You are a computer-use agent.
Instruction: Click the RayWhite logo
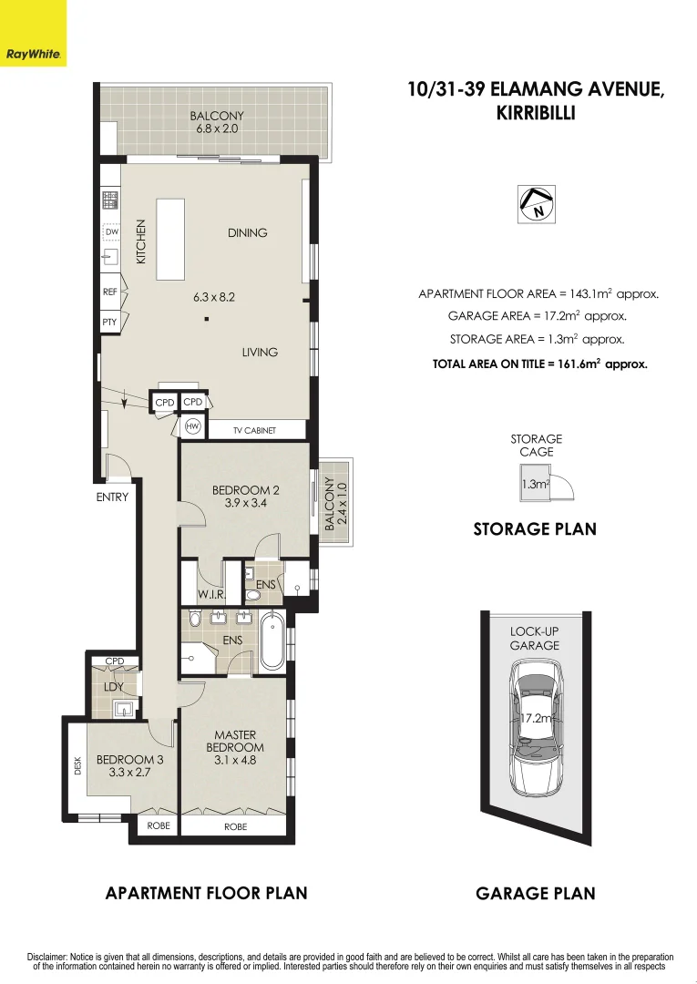pyautogui.click(x=33, y=54)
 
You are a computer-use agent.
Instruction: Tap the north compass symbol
pyautogui.click(x=537, y=204)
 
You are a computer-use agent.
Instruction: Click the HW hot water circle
pyautogui.click(x=192, y=426)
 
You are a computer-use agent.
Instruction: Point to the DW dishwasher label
pyautogui.click(x=112, y=232)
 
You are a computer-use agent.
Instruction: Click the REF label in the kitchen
pyautogui.click(x=110, y=293)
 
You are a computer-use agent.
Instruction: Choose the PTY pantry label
pyautogui.click(x=110, y=323)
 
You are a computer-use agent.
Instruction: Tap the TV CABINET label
pyautogui.click(x=255, y=430)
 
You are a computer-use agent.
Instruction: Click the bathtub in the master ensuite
pyautogui.click(x=272, y=643)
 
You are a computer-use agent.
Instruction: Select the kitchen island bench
pyautogui.click(x=171, y=240)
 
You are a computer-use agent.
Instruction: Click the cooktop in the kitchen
pyautogui.click(x=110, y=200)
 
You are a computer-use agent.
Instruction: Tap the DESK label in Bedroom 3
pyautogui.click(x=77, y=766)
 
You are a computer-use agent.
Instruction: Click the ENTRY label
pyautogui.click(x=112, y=497)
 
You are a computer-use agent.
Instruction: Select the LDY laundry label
pyautogui.click(x=113, y=685)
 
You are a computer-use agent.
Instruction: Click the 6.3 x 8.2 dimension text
pyautogui.click(x=214, y=297)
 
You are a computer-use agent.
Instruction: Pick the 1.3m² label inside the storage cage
pyautogui.click(x=535, y=485)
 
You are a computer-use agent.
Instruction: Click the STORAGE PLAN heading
pyautogui.click(x=535, y=528)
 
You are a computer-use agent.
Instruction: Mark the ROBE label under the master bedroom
pyautogui.click(x=235, y=827)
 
